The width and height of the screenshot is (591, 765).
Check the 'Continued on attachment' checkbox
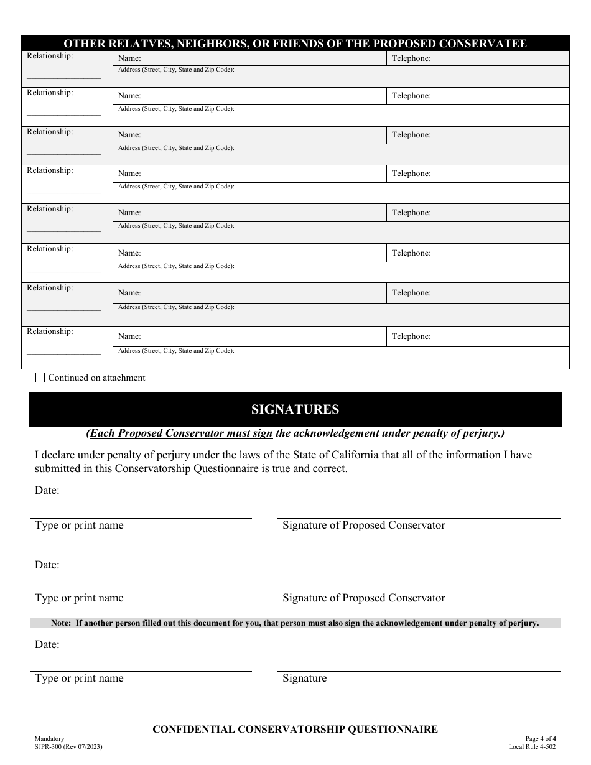pyautogui.click(x=40, y=378)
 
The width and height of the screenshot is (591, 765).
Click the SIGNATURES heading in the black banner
pyautogui.click(x=295, y=409)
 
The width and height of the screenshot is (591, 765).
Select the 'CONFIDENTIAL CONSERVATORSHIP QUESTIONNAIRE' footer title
pyautogui.click(x=295, y=729)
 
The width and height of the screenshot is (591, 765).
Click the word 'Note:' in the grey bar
pyautogui.click(x=61, y=623)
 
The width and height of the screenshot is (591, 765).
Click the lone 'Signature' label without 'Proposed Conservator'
pyautogui.click(x=304, y=678)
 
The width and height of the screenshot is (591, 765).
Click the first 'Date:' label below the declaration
pyautogui.click(x=47, y=490)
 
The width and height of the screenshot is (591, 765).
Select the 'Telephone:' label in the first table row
pyautogui.click(x=411, y=58)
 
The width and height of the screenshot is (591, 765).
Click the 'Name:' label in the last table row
pyautogui.click(x=129, y=336)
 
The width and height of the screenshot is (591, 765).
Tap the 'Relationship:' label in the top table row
pyautogui.click(x=50, y=56)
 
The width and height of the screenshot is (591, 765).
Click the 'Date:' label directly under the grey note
pyautogui.click(x=47, y=644)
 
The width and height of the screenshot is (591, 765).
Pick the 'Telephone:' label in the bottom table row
pyautogui.click(x=411, y=336)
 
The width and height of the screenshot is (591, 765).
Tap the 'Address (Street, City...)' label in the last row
pyautogui.click(x=176, y=351)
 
